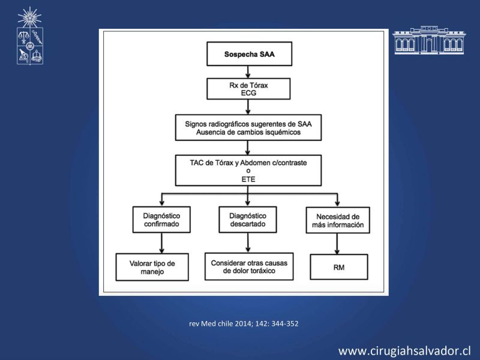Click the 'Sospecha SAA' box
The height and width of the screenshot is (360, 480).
click(249, 54)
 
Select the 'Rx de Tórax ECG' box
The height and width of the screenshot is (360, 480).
click(248, 89)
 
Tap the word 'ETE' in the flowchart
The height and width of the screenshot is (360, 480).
click(248, 179)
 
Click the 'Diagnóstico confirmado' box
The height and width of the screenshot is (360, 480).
click(161, 220)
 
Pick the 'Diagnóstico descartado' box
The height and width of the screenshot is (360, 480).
click(248, 220)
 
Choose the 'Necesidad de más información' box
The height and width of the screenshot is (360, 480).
click(338, 220)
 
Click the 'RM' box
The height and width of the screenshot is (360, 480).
click(338, 267)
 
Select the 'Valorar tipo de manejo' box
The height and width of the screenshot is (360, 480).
click(152, 267)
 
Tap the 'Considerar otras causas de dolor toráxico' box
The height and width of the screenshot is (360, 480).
click(249, 266)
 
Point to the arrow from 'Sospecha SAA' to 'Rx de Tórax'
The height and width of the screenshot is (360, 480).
click(248, 72)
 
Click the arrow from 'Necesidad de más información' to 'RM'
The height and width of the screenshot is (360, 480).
click(337, 244)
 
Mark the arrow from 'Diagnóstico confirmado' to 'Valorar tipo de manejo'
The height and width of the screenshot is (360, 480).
click(161, 243)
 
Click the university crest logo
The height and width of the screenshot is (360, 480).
click(29, 36)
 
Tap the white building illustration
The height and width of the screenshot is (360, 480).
click(428, 40)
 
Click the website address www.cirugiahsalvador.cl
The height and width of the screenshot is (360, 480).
click(404, 351)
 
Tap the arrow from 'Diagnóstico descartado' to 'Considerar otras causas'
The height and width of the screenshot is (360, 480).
click(248, 243)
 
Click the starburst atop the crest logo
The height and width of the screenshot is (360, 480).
click(29, 17)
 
